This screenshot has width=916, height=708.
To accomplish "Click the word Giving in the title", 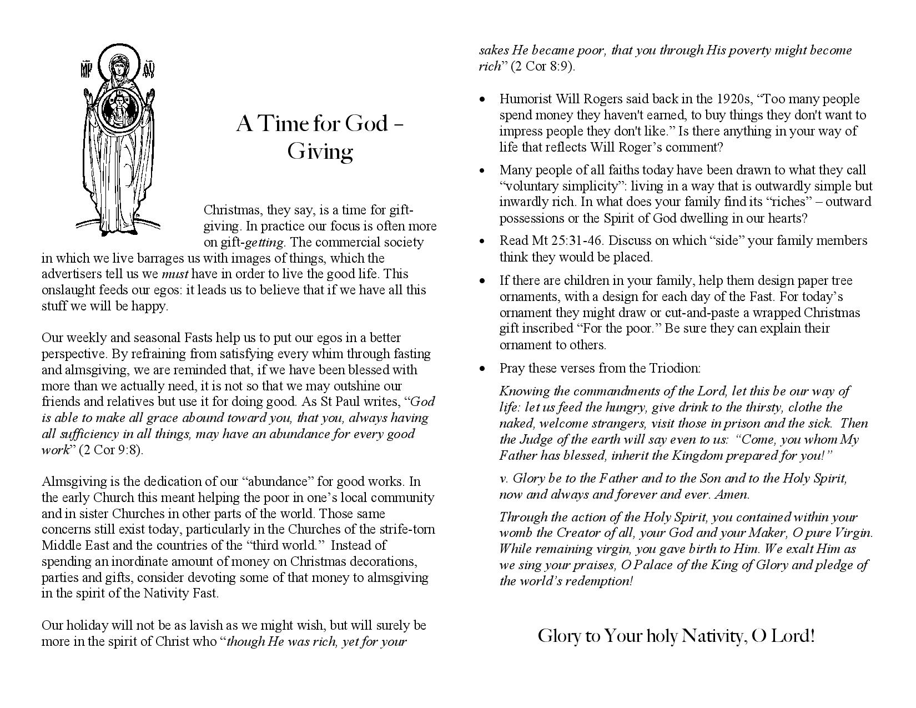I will point(320,152).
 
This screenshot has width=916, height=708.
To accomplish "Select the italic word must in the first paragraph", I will point(175,274).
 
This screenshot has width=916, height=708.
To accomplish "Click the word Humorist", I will point(525,99).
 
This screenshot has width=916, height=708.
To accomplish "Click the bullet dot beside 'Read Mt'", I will point(483,241).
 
